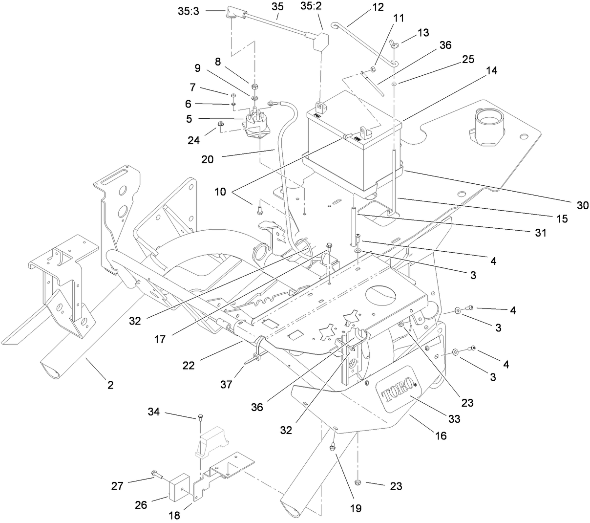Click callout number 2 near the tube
pos(111,385)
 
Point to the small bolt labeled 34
pos(201,417)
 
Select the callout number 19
pos(356,508)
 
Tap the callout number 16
pos(441,436)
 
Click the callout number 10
pos(220,192)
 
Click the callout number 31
pos(540,234)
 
